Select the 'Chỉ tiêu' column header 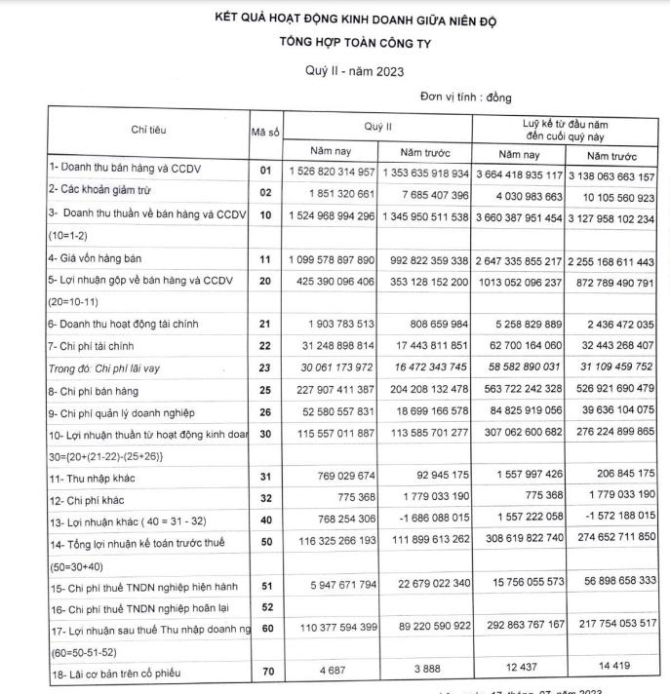[148, 132]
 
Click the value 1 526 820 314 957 [331, 171]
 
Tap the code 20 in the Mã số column [264, 281]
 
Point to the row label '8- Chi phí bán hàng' [99, 390]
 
